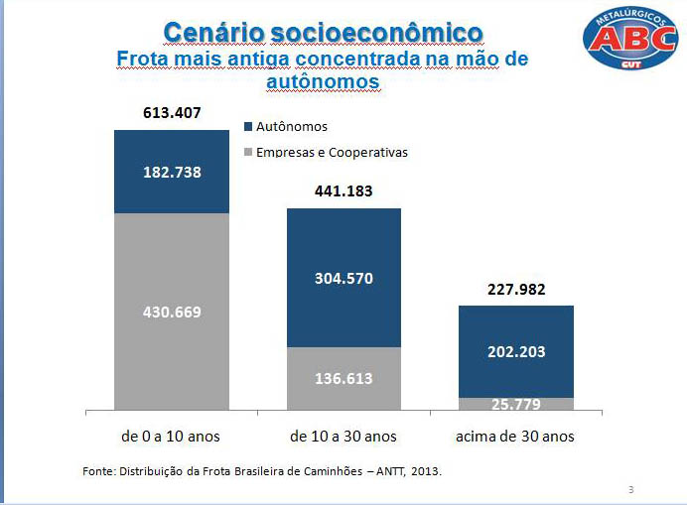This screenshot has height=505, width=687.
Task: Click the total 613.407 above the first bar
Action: pyautogui.click(x=172, y=113)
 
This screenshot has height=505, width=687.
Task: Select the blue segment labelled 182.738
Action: pyautogui.click(x=172, y=172)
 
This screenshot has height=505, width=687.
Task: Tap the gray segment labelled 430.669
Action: pyautogui.click(x=172, y=312)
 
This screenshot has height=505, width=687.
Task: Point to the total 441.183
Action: pyautogui.click(x=343, y=190)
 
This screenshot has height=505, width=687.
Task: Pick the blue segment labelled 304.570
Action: pyautogui.click(x=343, y=279)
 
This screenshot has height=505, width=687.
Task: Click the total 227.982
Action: pyautogui.click(x=516, y=290)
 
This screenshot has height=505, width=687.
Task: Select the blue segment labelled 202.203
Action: pyautogui.click(x=516, y=351)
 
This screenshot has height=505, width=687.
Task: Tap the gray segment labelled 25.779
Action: pyautogui.click(x=516, y=404)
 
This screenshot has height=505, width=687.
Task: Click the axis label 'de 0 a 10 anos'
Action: pyautogui.click(x=172, y=437)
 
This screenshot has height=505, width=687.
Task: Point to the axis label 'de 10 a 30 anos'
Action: pyautogui.click(x=343, y=437)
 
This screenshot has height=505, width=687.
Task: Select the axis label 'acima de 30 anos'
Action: pyautogui.click(x=516, y=437)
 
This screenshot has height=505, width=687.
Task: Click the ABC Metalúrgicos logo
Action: pyautogui.click(x=630, y=37)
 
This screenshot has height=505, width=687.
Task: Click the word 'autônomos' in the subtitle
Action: pyautogui.click(x=323, y=81)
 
